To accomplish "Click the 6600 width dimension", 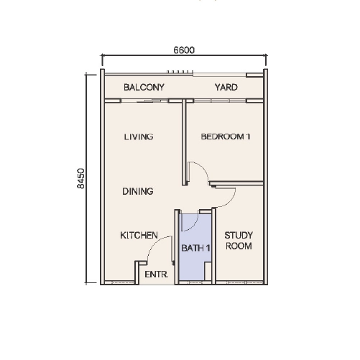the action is click(x=184, y=50).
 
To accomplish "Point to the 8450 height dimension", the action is click(x=81, y=178).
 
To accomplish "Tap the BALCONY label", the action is click(x=144, y=87).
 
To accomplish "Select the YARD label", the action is click(x=226, y=87).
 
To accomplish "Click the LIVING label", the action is click(x=139, y=137).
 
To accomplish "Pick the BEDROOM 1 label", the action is click(x=226, y=137).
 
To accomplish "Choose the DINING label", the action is click(x=138, y=191).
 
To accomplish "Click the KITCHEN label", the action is click(x=139, y=235).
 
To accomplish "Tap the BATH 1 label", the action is click(x=195, y=248).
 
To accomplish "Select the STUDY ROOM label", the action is click(x=239, y=241).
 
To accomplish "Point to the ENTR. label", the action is click(x=157, y=274).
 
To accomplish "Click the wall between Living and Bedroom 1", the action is click(x=184, y=142).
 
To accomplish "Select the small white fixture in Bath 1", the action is click(x=208, y=271).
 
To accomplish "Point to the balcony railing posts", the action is click(x=180, y=72).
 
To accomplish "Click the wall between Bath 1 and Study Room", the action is click(x=213, y=246).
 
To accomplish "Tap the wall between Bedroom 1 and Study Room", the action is click(x=236, y=183).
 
